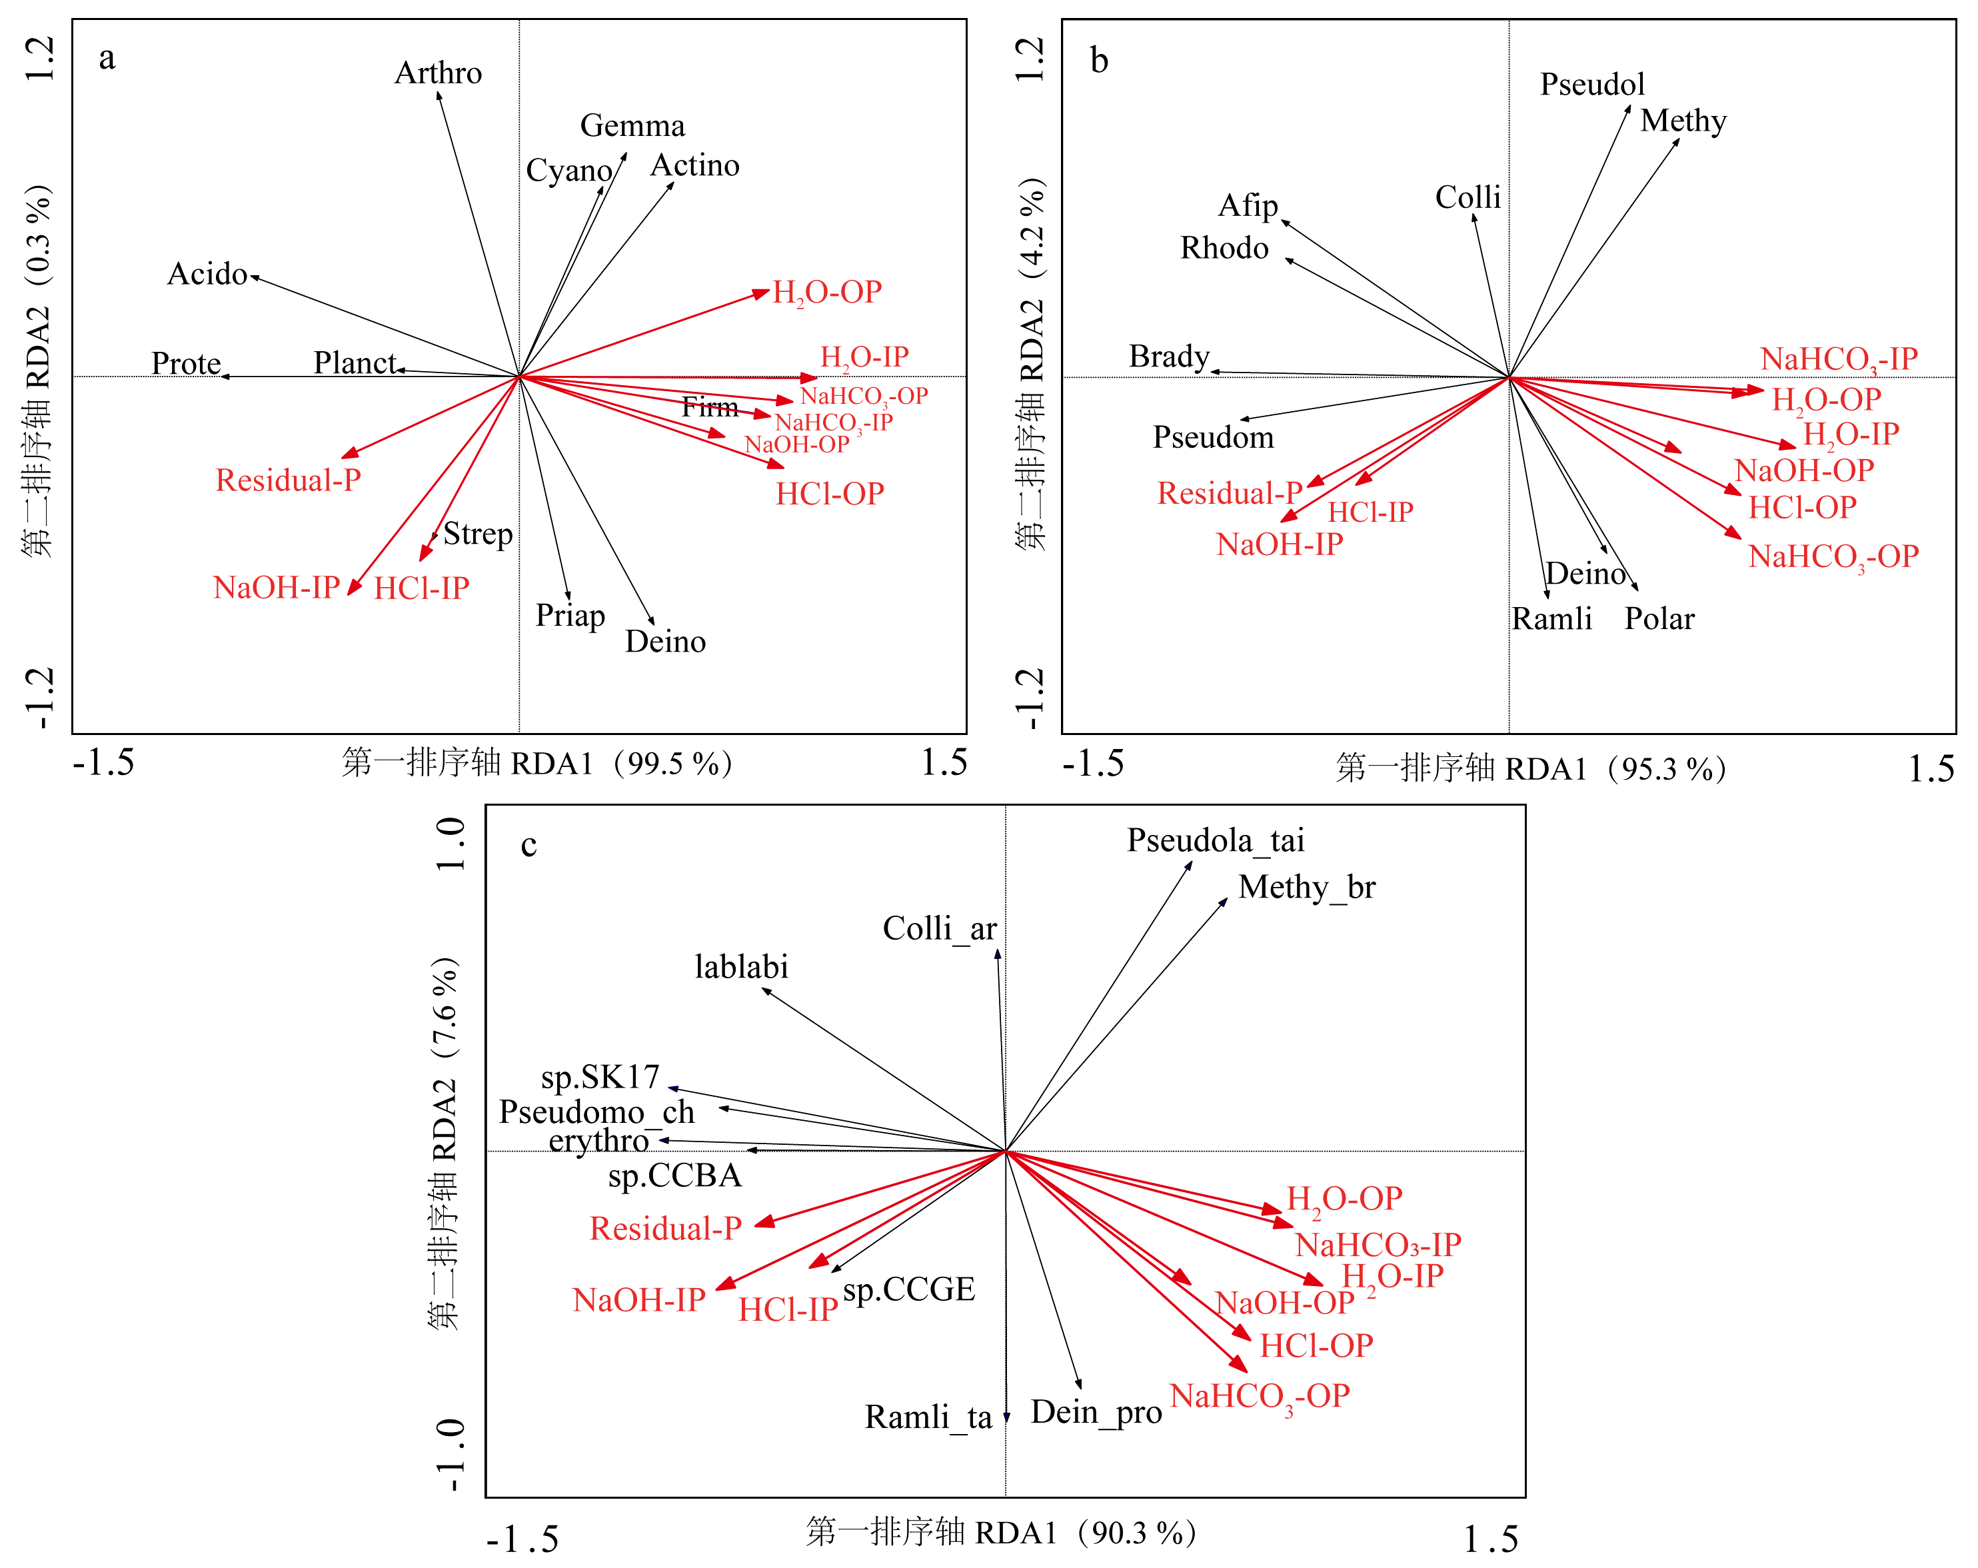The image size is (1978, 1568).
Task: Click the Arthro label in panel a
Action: click(x=438, y=73)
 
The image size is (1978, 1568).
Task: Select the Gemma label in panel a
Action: click(x=632, y=126)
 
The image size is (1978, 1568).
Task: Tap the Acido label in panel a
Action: click(x=207, y=275)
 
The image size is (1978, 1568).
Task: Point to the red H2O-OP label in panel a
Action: click(x=826, y=293)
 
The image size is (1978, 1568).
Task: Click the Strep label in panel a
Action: click(x=478, y=534)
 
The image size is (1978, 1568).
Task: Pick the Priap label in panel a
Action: click(x=570, y=616)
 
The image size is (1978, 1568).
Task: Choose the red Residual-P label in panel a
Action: click(x=288, y=480)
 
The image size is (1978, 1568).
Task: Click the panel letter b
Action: click(x=1099, y=61)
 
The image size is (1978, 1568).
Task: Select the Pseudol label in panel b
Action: click(x=1591, y=85)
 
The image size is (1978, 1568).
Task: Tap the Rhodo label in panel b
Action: click(x=1224, y=249)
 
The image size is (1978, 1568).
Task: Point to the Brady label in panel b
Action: click(x=1169, y=356)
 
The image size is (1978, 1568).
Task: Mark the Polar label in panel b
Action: click(x=1659, y=619)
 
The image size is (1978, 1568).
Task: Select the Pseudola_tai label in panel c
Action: click(x=1216, y=840)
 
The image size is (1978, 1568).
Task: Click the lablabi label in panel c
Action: click(x=741, y=967)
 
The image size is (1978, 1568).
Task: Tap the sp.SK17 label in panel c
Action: click(x=600, y=1076)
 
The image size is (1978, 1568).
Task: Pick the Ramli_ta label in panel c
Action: click(x=928, y=1417)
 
